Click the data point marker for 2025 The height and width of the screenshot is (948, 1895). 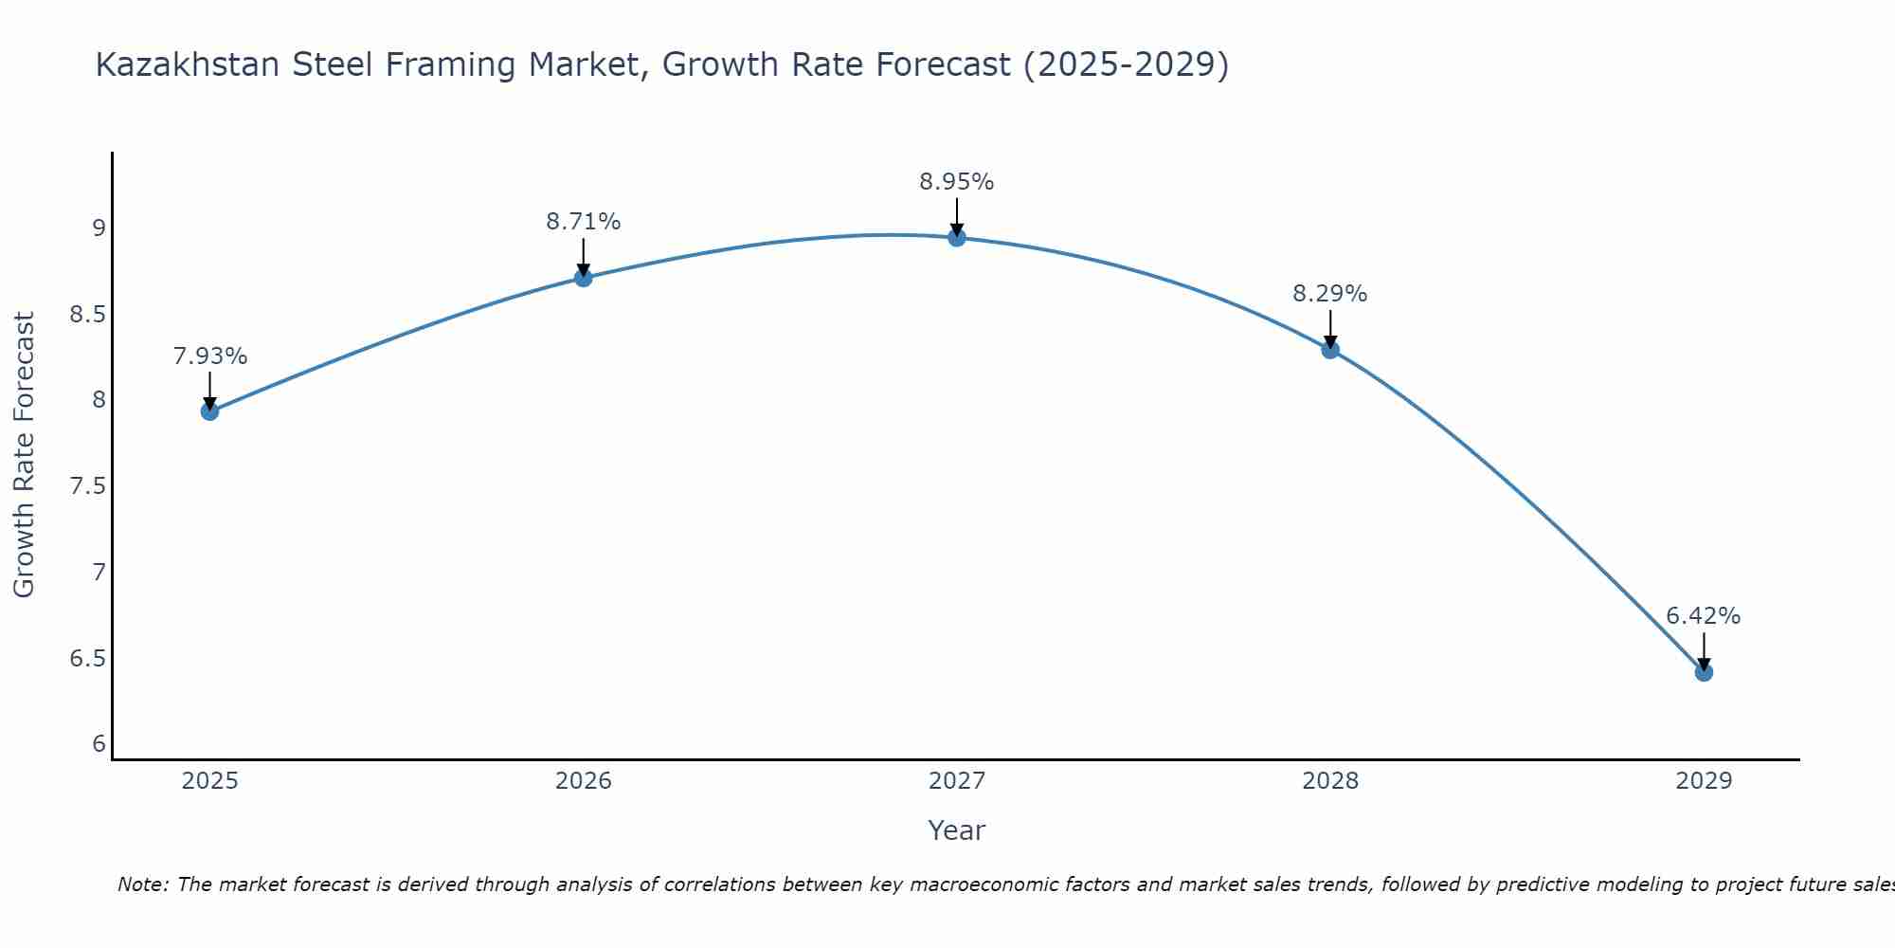pos(209,411)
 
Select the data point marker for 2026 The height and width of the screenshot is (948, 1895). pos(584,278)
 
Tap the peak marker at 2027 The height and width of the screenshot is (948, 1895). pos(957,238)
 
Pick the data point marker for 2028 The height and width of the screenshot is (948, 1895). pos(1330,350)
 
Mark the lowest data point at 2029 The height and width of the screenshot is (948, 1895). pos(1704,672)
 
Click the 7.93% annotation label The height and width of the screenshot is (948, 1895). pos(209,356)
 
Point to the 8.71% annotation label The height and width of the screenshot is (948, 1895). pos(584,222)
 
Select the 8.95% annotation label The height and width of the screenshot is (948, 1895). pos(957,182)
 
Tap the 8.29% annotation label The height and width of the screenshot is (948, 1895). pos(1330,294)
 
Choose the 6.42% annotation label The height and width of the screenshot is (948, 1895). pos(1704,616)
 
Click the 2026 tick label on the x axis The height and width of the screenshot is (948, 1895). pos(584,781)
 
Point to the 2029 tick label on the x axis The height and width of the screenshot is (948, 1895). pos(1704,781)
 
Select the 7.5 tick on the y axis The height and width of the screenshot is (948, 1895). pos(87,486)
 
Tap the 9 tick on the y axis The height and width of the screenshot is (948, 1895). pos(99,228)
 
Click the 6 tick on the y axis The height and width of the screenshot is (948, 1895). pos(99,744)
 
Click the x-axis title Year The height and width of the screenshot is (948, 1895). pos(957,830)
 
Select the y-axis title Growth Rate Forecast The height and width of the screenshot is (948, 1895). pos(24,455)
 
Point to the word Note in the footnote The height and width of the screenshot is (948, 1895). pos(142,884)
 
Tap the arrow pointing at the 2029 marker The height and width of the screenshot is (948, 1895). pos(1704,651)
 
